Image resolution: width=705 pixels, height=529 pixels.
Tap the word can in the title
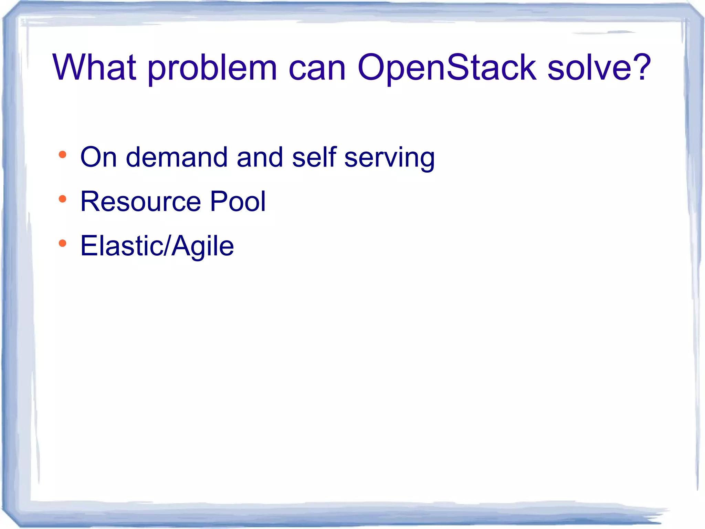tap(317, 69)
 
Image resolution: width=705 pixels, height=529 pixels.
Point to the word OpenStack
tap(446, 68)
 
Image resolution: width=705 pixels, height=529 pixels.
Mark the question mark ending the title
tap(641, 67)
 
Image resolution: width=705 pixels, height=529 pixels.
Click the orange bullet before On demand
tap(62, 155)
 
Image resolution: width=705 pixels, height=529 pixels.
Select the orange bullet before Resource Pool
tap(62, 199)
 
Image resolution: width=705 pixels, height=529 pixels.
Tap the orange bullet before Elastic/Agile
tap(62, 243)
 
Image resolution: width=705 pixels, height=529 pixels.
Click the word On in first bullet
tap(98, 157)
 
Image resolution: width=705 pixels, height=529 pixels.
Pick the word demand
tap(177, 157)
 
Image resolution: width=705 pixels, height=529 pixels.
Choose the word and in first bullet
tap(260, 157)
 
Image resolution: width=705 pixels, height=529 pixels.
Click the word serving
tap(389, 159)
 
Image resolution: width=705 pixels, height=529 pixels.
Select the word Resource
tap(140, 201)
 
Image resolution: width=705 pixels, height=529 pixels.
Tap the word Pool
tap(238, 201)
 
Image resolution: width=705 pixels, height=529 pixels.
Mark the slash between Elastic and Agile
tap(167, 246)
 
